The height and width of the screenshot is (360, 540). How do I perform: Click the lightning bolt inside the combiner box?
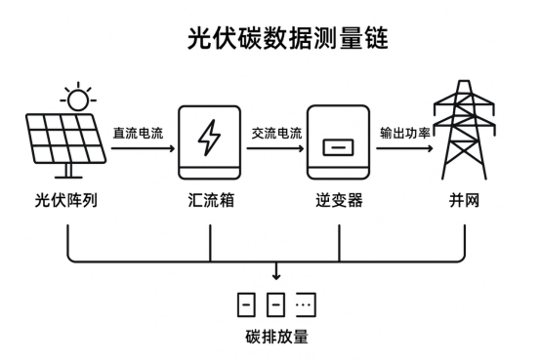click(x=210, y=140)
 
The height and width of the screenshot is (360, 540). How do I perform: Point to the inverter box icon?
click(x=338, y=144)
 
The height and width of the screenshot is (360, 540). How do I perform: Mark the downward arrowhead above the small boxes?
click(x=276, y=276)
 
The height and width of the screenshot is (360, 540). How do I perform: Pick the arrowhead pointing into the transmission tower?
click(x=431, y=149)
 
